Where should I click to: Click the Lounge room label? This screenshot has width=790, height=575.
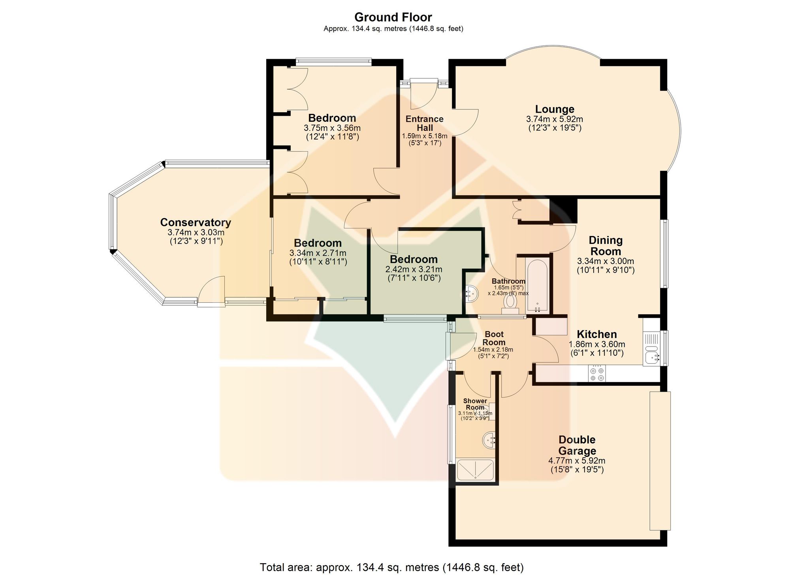[x=555, y=109]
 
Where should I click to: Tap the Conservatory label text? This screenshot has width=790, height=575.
[x=196, y=222]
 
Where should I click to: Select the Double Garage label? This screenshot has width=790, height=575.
[x=577, y=445]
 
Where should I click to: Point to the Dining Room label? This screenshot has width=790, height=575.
[x=606, y=246]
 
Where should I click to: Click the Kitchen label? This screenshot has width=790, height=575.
[x=597, y=334]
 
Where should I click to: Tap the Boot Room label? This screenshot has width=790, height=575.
[x=494, y=338]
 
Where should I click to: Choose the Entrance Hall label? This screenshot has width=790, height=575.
[x=425, y=123]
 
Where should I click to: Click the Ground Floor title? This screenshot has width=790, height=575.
[x=393, y=17]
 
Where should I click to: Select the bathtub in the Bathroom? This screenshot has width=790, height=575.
[x=537, y=285]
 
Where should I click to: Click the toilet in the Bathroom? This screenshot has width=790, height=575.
[x=510, y=304]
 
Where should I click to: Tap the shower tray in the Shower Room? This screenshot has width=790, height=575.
[x=475, y=470]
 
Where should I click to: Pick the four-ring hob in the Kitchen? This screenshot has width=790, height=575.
[x=597, y=373]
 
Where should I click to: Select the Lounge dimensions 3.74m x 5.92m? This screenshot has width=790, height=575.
[x=555, y=119]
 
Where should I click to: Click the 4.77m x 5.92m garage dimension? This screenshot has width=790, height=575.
[x=577, y=461]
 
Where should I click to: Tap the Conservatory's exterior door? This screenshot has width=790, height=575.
[x=211, y=291]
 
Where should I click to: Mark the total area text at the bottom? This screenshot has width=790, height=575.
[x=392, y=567]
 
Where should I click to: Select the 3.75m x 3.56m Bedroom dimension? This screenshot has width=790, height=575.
[x=332, y=128]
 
